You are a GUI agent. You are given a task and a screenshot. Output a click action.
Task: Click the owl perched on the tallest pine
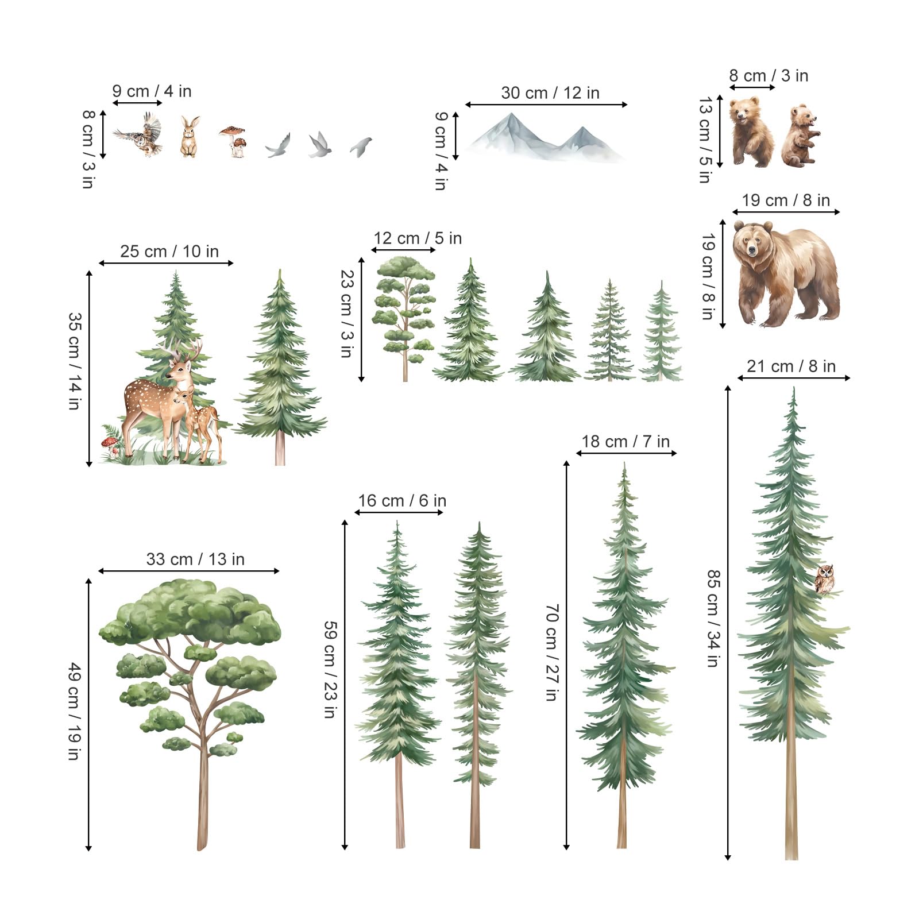824,580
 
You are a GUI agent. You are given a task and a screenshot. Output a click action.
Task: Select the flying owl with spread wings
140,134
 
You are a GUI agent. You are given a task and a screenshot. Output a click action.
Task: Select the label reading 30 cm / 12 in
550,93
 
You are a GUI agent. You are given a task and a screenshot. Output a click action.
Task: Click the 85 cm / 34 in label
713,618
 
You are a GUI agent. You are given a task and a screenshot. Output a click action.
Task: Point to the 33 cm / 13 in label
195,559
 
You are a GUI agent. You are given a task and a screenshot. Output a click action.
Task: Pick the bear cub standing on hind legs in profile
800,136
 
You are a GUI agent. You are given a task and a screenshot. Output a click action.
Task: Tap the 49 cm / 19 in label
74,711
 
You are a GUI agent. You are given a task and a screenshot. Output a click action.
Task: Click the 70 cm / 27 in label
551,652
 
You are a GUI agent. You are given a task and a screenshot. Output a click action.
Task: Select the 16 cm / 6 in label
402,500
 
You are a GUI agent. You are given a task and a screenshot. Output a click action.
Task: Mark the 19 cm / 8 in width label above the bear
786,200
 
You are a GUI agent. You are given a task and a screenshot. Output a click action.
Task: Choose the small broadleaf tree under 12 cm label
404,319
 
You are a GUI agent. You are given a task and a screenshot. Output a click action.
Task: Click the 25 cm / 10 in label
169,251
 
